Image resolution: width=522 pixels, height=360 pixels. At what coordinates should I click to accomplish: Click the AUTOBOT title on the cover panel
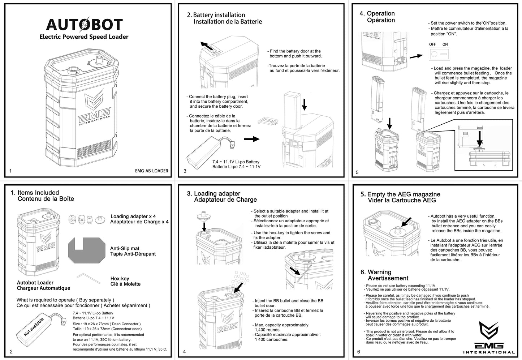point(84,25)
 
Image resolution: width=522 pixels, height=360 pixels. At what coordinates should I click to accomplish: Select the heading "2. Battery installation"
point(216,15)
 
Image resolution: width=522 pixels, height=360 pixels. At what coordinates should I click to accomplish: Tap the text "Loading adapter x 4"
point(133,216)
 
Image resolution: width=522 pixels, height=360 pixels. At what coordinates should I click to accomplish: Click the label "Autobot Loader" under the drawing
point(35,283)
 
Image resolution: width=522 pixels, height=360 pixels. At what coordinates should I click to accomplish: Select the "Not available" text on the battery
point(33,327)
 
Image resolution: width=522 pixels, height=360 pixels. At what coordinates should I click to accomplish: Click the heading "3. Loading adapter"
point(213,194)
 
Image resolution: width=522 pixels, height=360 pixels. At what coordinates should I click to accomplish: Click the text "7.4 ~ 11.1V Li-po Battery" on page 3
point(236,162)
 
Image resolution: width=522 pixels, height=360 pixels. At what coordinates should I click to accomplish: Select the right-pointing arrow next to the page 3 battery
point(251,139)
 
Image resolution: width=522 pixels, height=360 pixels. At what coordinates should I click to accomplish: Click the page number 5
point(357,172)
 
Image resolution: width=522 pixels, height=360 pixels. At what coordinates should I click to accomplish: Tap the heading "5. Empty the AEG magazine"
point(400,194)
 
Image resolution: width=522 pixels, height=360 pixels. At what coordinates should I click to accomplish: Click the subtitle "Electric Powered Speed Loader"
point(84,37)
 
